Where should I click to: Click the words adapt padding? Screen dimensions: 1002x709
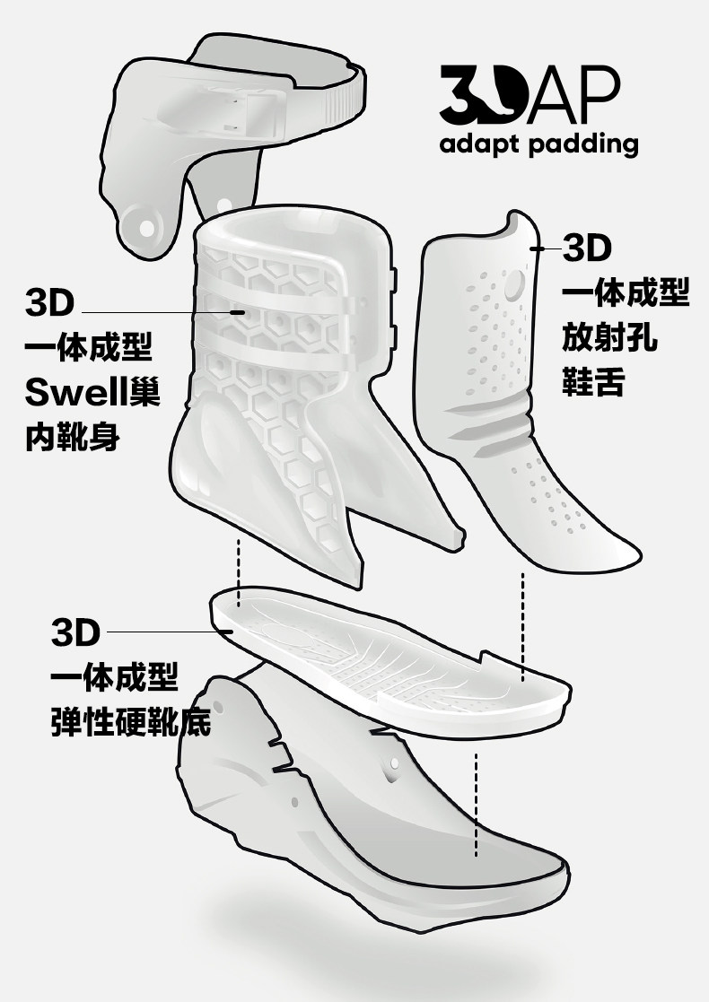538,145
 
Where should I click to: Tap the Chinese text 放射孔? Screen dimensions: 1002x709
609,338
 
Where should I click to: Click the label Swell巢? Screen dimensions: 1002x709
93,392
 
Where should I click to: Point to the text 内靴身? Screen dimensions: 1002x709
73,439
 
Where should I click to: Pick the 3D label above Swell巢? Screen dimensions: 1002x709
50,302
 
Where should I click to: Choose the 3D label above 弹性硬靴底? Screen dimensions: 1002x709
75,632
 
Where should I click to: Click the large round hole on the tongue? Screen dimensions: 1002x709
514,286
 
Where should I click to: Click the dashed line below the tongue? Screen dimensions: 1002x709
522,623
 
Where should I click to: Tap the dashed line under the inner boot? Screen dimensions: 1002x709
239,570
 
